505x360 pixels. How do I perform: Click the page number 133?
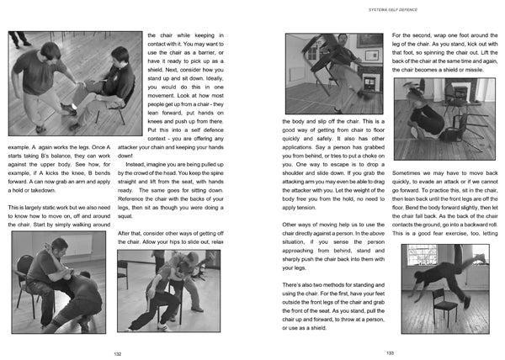390,352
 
